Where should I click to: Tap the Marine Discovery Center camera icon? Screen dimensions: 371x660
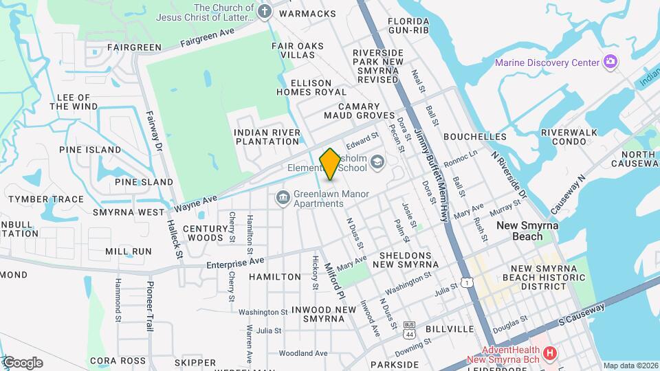coord(610,63)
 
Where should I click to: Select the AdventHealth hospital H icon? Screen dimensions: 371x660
coord(549,354)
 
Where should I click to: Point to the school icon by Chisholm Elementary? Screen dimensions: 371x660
coord(377,162)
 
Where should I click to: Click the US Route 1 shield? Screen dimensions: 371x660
coord(467,282)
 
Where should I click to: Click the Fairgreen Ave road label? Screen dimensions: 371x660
coord(208,37)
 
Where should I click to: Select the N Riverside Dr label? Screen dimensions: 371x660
coord(509,175)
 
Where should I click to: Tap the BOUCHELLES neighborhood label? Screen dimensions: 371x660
coord(474,137)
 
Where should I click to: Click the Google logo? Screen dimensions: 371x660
coord(23,363)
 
